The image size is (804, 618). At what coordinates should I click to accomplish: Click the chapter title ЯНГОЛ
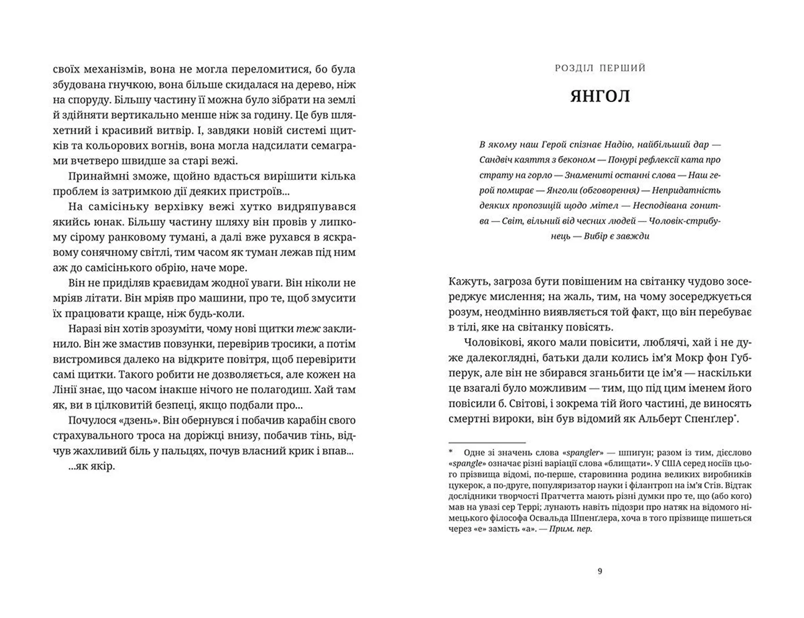[x=600, y=97]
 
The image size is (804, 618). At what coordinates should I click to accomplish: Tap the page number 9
[x=600, y=571]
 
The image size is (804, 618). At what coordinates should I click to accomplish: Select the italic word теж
[x=309, y=328]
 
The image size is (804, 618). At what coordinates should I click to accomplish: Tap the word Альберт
[x=660, y=419]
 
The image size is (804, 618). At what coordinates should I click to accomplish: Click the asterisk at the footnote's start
[x=451, y=453]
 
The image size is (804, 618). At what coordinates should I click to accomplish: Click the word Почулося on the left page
[x=90, y=420]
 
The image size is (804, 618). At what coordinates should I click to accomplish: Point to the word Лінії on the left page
[x=65, y=390]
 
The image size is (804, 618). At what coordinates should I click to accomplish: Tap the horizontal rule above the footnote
[x=487, y=442]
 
